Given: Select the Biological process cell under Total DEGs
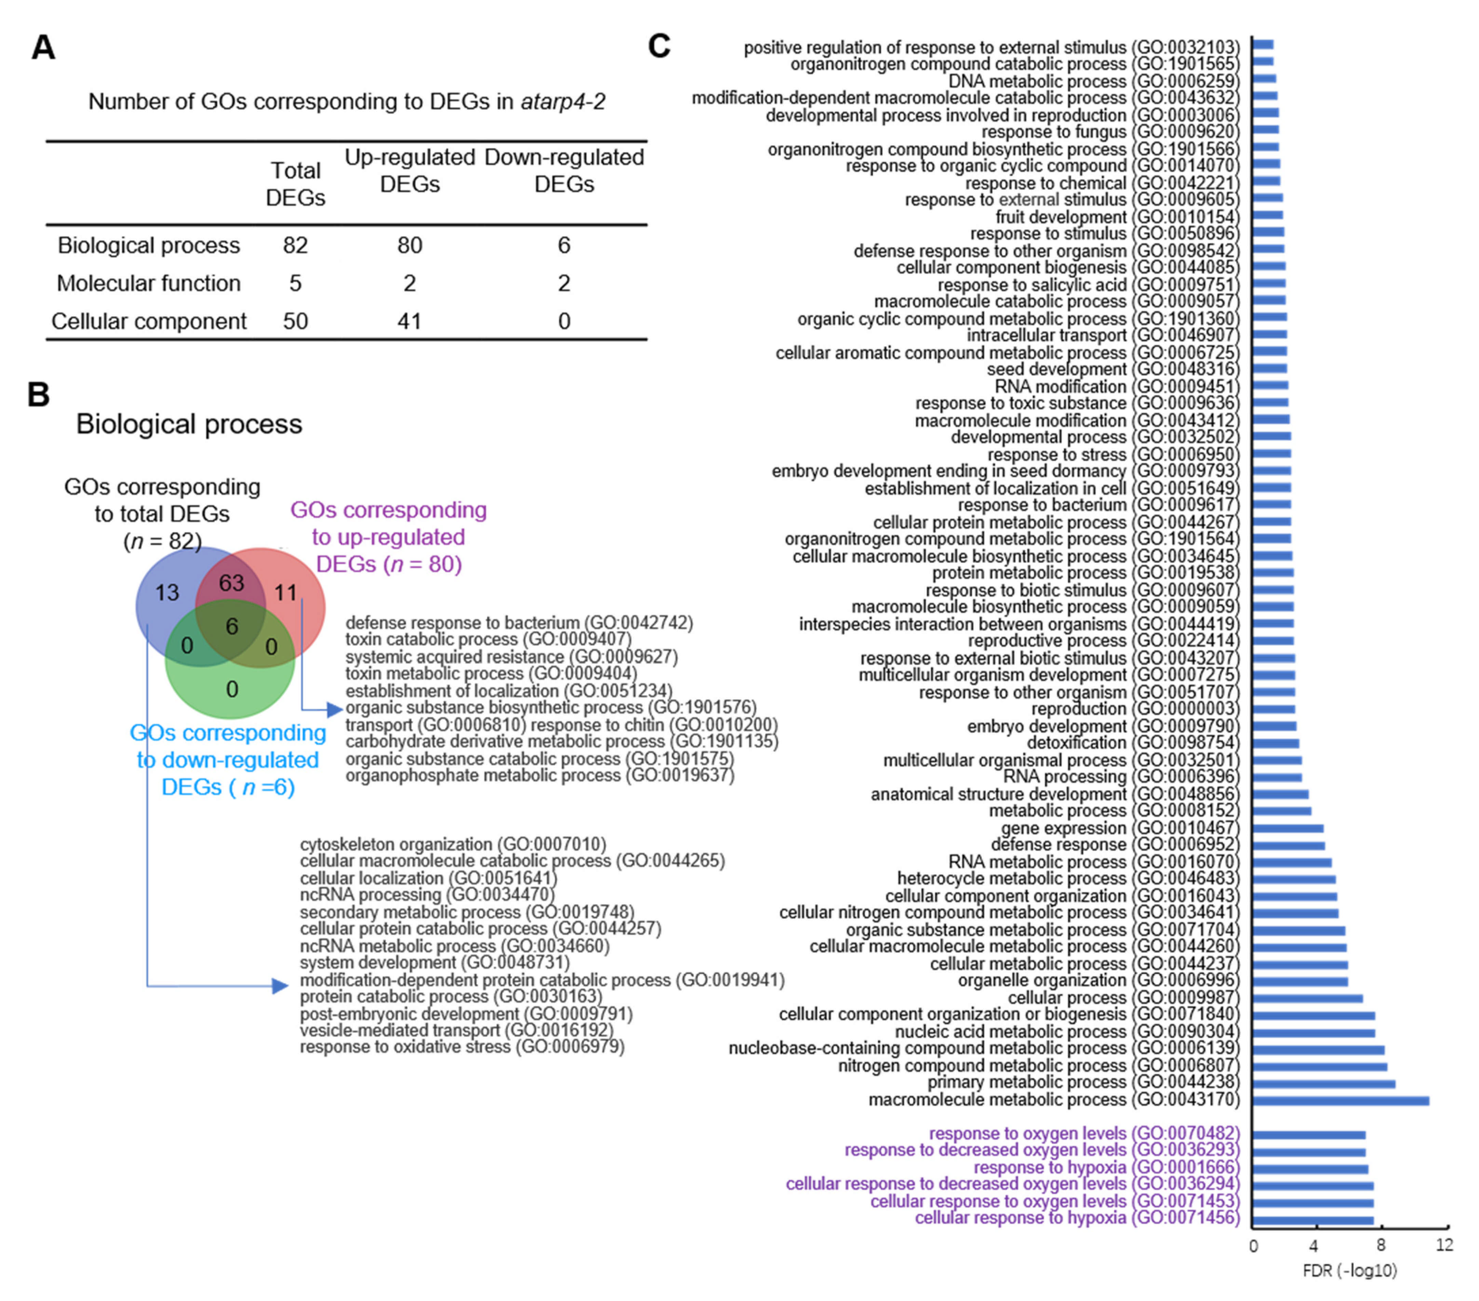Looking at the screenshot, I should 295,245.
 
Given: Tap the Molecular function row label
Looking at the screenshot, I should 148,283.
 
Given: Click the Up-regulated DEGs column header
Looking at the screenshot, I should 409,171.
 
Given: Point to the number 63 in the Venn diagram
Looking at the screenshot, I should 232,583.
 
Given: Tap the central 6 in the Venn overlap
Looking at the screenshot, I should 232,626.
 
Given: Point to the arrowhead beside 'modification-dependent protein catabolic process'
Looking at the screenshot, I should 280,986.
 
